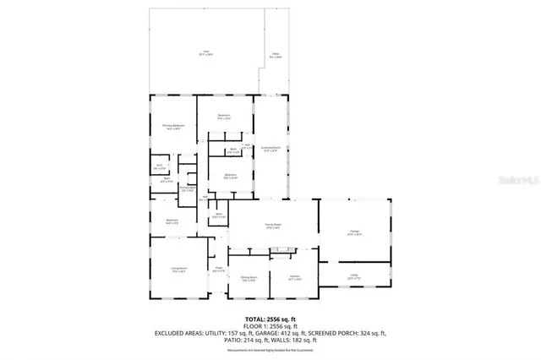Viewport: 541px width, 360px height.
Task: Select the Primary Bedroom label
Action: click(174, 126)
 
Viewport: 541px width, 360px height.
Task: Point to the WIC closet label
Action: click(159, 166)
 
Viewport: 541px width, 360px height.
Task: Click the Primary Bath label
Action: click(188, 190)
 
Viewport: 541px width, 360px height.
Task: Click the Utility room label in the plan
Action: click(353, 275)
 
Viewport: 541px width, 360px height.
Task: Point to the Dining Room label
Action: click(248, 277)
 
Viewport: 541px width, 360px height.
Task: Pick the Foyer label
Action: click(217, 270)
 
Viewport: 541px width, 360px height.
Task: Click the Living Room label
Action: click(178, 270)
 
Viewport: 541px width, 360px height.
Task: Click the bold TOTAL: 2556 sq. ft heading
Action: click(270, 316)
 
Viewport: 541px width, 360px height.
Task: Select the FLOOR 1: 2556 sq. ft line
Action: click(270, 325)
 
